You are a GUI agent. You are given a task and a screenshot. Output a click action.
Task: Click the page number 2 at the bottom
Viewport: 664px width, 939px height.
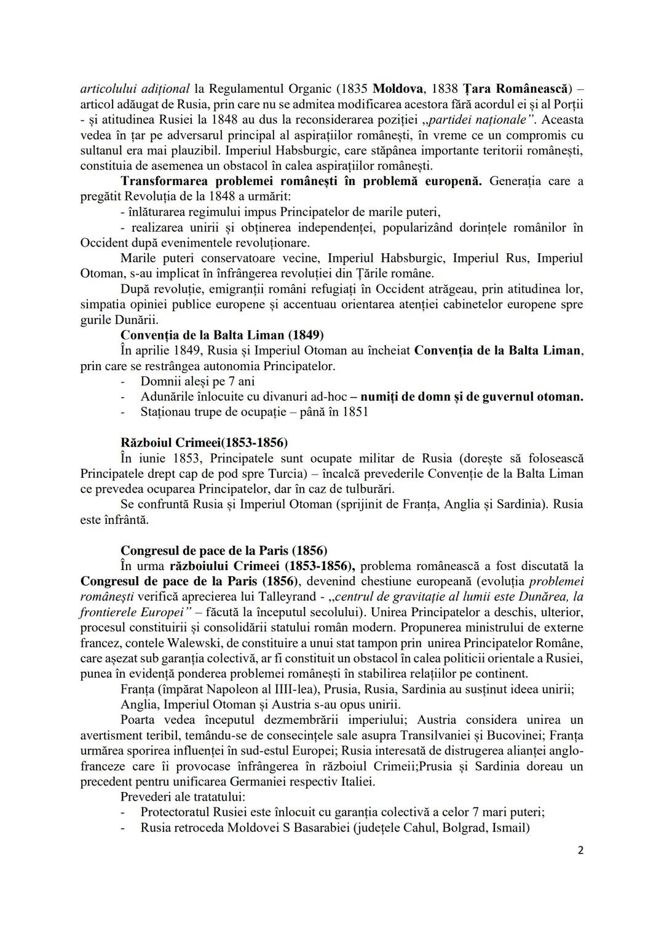(580, 851)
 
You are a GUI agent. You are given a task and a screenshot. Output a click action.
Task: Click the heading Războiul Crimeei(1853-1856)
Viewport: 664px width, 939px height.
(204, 443)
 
